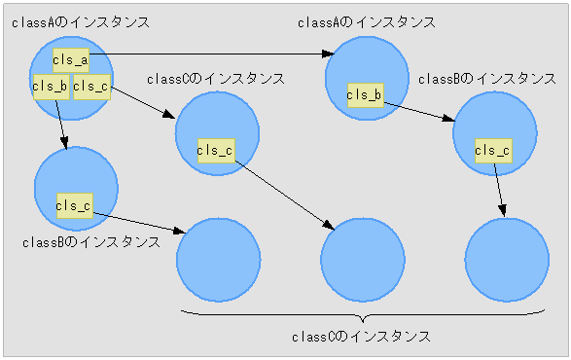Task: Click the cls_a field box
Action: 71,60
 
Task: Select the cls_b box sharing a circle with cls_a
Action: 50,86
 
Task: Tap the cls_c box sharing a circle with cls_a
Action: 91,86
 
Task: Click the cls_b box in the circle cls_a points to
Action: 365,94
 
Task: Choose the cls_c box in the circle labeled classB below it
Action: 74,204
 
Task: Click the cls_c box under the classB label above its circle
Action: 492,150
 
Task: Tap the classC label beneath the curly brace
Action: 361,337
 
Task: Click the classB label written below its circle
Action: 90,241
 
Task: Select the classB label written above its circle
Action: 486,79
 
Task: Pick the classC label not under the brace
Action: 215,79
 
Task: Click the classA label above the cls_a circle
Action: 81,21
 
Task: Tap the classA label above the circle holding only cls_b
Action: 366,21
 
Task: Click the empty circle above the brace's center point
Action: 362,261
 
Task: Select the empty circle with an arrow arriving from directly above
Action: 507,261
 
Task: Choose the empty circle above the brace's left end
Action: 218,261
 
